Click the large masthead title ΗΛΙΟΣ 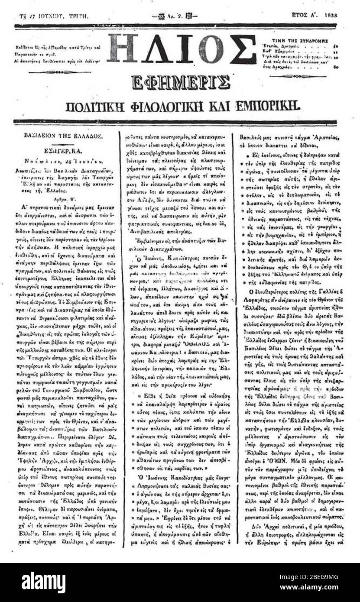[182, 49]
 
